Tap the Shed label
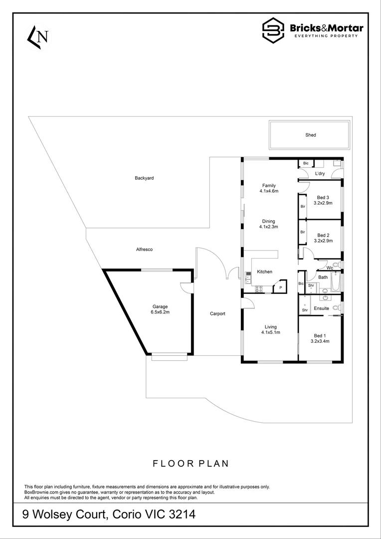tap(311, 135)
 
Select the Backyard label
tap(143, 178)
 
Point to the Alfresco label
tap(144, 249)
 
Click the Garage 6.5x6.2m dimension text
tap(160, 312)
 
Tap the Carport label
tap(217, 314)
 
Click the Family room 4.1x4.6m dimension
tap(268, 191)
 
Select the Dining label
tap(268, 221)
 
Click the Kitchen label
tap(264, 271)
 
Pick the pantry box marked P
tap(280, 287)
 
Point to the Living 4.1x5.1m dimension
tap(271, 332)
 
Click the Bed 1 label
tap(320, 335)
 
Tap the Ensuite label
tap(321, 308)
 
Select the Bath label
tap(323, 277)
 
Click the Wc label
tap(330, 268)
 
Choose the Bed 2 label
tap(324, 235)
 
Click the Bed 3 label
tap(324, 198)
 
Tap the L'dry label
tap(320, 174)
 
